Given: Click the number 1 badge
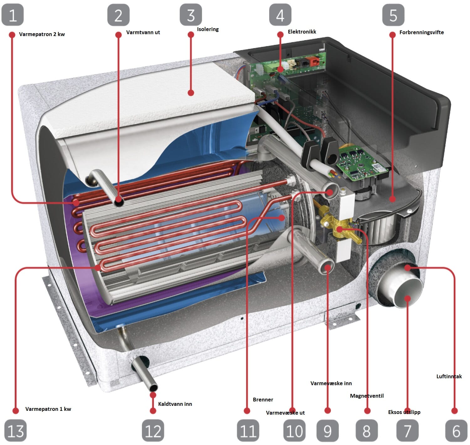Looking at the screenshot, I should point(13,15).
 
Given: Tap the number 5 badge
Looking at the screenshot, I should point(393,15).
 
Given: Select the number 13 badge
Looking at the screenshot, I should point(15,431).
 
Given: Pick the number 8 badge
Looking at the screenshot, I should point(367,431).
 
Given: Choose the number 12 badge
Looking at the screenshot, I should point(153,431).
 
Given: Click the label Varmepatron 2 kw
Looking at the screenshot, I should point(42,34).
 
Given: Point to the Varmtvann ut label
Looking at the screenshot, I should point(143,32).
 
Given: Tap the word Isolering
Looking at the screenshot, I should point(207,29).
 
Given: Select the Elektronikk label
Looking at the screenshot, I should point(302,32).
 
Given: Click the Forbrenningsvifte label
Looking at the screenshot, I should point(421,32).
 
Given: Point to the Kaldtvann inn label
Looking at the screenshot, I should point(175,404).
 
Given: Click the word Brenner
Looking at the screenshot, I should point(263,400).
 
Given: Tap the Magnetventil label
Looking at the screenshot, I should point(367,396).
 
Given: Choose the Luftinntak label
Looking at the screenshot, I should point(449,376).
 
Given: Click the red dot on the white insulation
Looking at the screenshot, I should point(191,93).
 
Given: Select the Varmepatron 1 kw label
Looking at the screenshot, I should point(48,409).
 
